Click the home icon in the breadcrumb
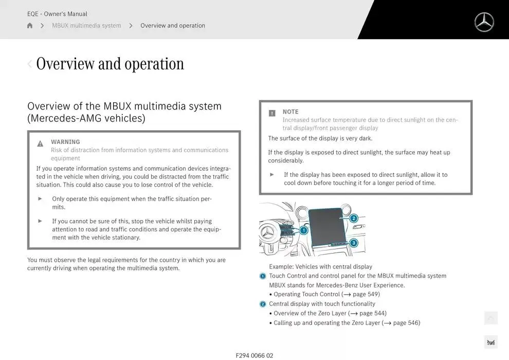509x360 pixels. [30, 25]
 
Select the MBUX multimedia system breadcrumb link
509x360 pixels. [86, 25]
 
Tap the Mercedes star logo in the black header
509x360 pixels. [484, 23]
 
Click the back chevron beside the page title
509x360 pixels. [29, 64]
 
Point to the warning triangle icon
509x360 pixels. [40, 143]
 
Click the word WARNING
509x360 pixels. [65, 142]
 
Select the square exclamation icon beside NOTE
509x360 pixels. [272, 113]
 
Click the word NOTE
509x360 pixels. [290, 112]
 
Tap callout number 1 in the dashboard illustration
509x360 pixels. [303, 230]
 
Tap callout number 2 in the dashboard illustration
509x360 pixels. [354, 218]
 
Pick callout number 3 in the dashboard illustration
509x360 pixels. [354, 243]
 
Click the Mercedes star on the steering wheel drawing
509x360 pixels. [268, 233]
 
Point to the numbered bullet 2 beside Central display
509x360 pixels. [263, 304]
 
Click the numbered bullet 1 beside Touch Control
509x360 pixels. [263, 276]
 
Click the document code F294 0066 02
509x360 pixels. [254, 355]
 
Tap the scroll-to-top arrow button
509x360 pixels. [491, 318]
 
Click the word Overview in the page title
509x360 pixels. [65, 64]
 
